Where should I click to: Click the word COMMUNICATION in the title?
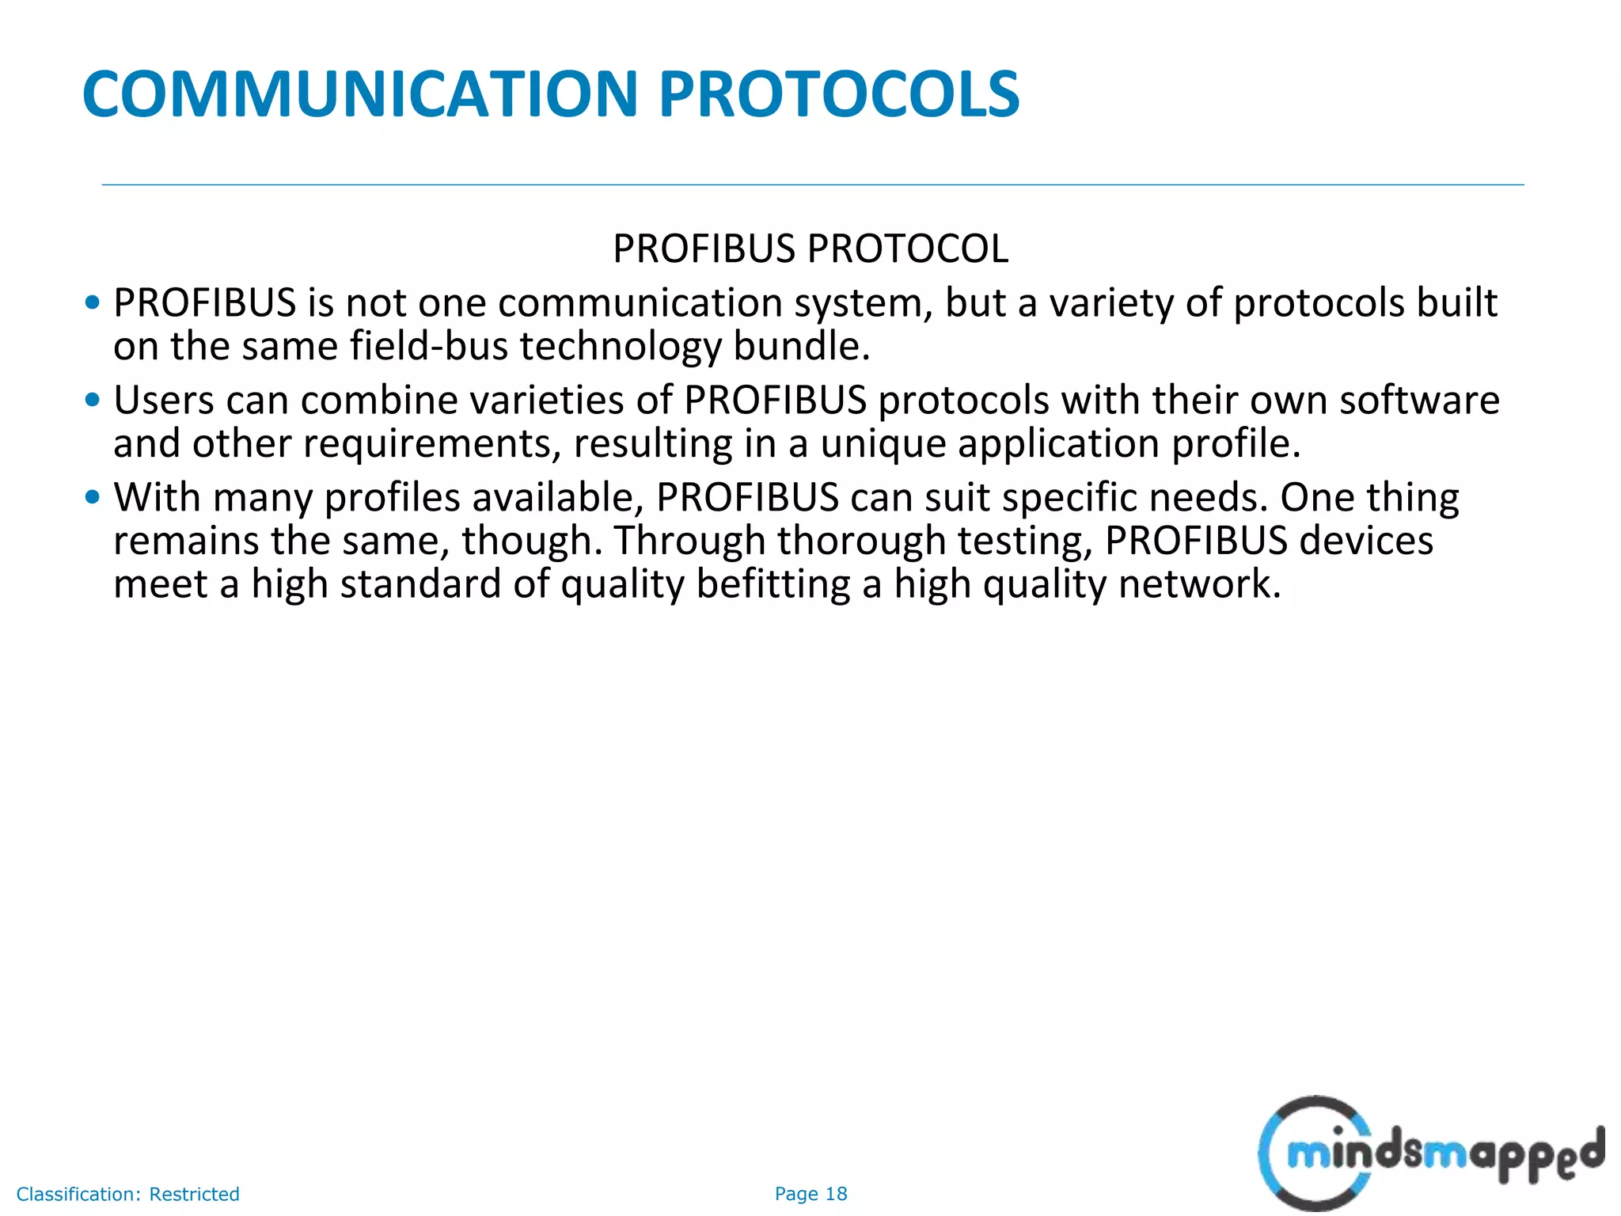[360, 94]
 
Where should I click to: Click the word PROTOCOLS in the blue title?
[839, 94]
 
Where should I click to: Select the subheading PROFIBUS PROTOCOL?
[810, 249]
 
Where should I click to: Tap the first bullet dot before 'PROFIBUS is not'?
[93, 302]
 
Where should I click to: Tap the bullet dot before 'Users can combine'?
[93, 400]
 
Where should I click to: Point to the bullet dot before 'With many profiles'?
[93, 497]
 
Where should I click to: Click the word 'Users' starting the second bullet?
[164, 400]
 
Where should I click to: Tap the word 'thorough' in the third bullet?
[861, 541]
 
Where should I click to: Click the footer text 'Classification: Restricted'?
[128, 1194]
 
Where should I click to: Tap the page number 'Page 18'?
[810, 1194]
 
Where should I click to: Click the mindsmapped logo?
[1429, 1153]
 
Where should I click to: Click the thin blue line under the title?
[812, 185]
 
